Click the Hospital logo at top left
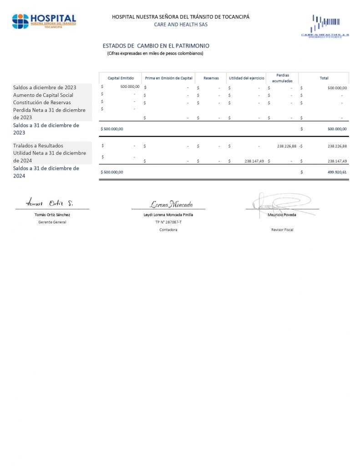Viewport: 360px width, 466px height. point(44,21)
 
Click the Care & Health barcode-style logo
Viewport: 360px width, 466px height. point(325,26)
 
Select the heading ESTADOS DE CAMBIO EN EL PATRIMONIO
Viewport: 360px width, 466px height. point(156,46)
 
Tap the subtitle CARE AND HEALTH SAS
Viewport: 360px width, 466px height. point(181,25)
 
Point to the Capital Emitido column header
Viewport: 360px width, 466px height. point(121,78)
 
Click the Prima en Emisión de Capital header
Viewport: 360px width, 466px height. point(169,78)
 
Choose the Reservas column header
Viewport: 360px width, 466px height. point(211,78)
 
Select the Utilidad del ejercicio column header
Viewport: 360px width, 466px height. point(246,78)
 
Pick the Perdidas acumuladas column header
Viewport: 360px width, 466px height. point(282,78)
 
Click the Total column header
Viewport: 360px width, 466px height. point(324,78)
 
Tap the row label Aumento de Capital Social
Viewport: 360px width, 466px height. point(43,95)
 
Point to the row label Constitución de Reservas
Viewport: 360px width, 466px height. point(42,102)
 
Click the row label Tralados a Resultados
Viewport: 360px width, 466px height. point(38,146)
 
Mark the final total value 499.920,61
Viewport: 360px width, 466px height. point(337,172)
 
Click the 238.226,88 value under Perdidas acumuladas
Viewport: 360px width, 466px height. point(287,146)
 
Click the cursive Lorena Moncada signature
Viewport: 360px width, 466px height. point(172,204)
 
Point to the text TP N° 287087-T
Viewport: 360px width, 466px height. point(168,222)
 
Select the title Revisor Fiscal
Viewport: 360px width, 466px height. point(282,230)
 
